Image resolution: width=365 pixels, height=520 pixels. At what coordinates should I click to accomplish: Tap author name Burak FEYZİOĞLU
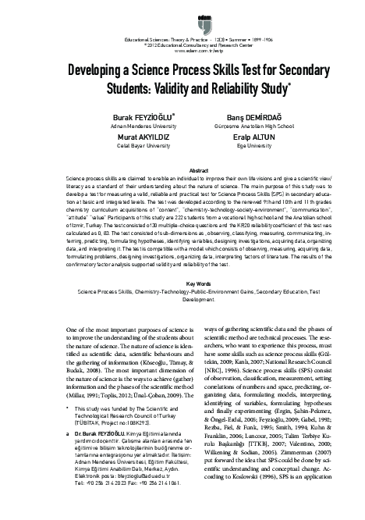(x=118, y=115)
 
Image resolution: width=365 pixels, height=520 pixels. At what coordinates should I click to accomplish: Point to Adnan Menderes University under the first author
(x=118, y=124)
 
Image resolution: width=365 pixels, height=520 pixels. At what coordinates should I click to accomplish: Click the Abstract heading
(x=182, y=169)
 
